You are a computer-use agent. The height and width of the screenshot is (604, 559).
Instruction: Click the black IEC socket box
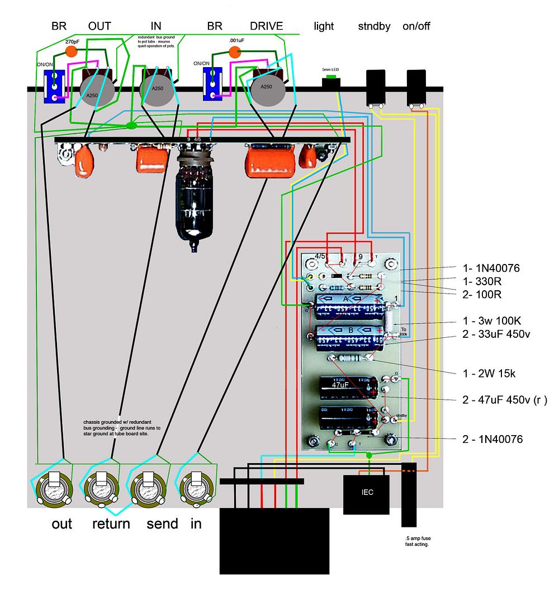click(x=366, y=494)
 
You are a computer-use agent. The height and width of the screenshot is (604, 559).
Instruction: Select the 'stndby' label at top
click(x=375, y=26)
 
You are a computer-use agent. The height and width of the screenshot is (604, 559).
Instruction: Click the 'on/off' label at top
click(x=416, y=26)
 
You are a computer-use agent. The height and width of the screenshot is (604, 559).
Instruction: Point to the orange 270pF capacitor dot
click(x=71, y=51)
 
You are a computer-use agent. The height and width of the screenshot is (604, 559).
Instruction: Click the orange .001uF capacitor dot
click(x=235, y=53)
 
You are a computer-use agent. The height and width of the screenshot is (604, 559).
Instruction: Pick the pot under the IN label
click(x=153, y=88)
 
